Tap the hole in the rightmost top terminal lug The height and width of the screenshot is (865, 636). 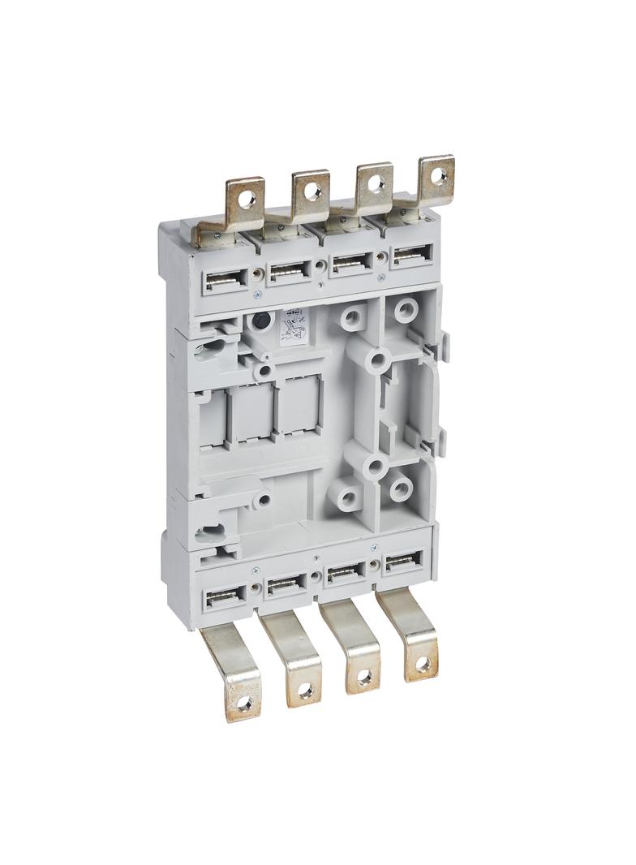pos(438,173)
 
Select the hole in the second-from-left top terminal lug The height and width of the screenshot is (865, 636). pos(313,192)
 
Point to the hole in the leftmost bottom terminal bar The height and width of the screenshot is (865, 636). pos(242,707)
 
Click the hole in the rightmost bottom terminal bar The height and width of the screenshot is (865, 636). pos(423,664)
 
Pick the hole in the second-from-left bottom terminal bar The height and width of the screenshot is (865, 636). pos(304,691)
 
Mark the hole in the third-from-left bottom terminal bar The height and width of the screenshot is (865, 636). pos(364,676)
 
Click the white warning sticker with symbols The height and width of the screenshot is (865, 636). pos(291,326)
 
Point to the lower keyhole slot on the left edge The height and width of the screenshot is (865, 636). pos(206,533)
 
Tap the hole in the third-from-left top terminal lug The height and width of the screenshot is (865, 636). pos(376,183)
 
